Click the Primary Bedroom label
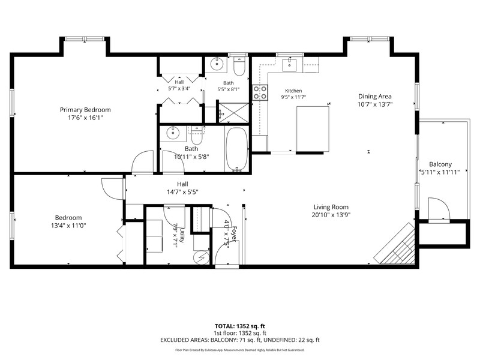coord(85,110)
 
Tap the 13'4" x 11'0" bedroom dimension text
coord(68,226)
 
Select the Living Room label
coord(331,207)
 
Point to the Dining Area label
coord(374,96)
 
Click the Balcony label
coord(440,164)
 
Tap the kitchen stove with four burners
coord(260,93)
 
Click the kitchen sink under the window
coord(289,65)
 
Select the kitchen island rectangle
coord(313,129)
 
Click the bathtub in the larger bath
coord(236,149)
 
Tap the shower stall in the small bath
coord(233,113)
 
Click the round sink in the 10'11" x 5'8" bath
coord(173,133)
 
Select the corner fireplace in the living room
coord(395,244)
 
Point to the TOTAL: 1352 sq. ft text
coord(239,326)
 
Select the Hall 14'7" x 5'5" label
coord(182,188)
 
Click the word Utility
coord(182,235)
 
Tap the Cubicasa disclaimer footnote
coord(239,350)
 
